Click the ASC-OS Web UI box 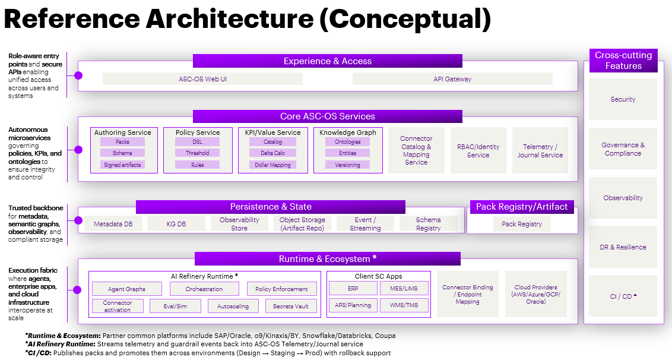coord(202,79)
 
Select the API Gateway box coord(452,79)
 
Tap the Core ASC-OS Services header coord(327,116)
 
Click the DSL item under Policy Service coord(197,143)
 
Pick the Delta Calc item coord(273,153)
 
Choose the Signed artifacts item coord(122,165)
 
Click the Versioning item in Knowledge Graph coord(347,165)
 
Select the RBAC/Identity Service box coord(478,151)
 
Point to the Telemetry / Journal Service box coord(540,151)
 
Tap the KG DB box coord(176,224)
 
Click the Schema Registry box coord(428,224)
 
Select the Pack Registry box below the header coord(521,224)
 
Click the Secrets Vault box coord(290,306)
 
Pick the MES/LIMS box coord(404,289)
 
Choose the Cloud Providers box coord(535,294)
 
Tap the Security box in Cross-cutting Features coord(623,100)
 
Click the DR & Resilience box coord(623,247)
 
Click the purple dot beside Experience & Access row coord(78,75)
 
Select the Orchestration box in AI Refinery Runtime coord(204,289)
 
